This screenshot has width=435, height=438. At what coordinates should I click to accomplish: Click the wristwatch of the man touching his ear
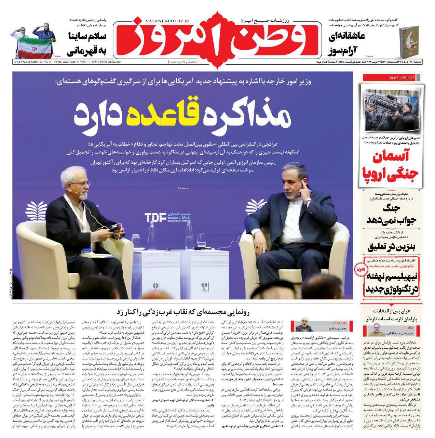tap(308, 200)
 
